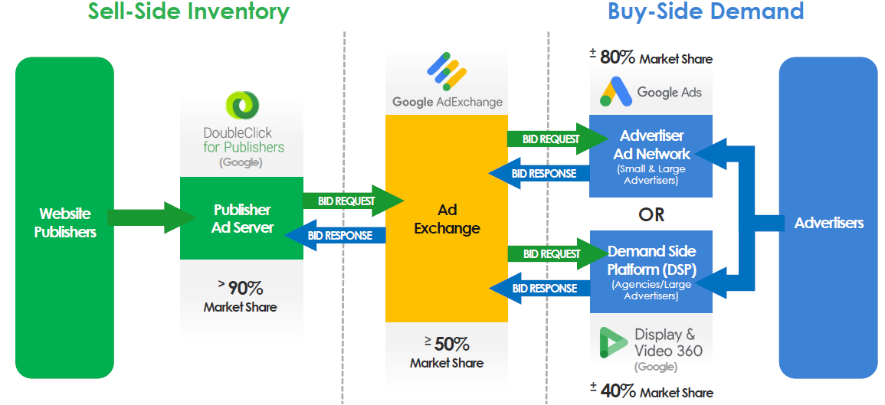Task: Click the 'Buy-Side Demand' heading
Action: click(706, 11)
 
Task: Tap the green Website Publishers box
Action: click(65, 217)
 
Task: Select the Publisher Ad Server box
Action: click(241, 218)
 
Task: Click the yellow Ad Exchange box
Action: click(447, 218)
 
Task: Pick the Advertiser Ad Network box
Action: click(651, 155)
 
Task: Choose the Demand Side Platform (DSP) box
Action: click(651, 271)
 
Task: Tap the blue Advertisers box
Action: click(828, 217)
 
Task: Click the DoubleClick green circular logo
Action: click(243, 106)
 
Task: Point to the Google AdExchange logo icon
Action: click(447, 71)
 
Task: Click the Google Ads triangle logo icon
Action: click(615, 91)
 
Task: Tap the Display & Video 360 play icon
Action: click(614, 341)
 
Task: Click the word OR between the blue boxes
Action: click(651, 214)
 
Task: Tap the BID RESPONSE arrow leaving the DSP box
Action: click(539, 288)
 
